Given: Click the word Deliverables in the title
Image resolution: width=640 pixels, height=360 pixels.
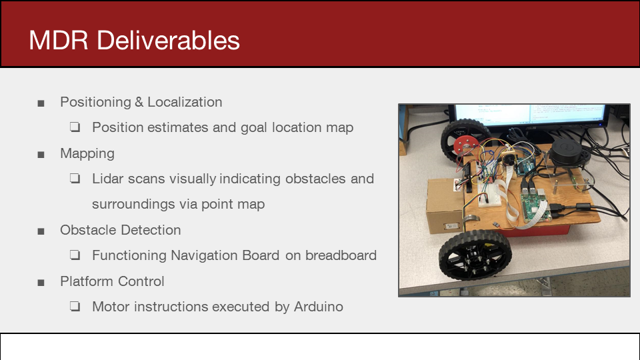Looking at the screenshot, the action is (x=168, y=41).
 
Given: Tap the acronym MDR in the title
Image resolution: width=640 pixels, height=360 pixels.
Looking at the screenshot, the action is (x=59, y=41).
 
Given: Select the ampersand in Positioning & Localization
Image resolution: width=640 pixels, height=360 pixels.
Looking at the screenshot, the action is (x=139, y=102).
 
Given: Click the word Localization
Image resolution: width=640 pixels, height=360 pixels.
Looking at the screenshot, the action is (x=185, y=102).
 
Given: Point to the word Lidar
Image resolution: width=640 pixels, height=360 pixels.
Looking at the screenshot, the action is (x=108, y=179).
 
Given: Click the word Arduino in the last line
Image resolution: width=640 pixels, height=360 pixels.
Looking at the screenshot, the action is (x=319, y=307).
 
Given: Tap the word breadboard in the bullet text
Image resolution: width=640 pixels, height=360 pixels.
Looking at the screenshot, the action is (x=341, y=255).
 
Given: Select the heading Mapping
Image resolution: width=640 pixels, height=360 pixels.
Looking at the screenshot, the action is (x=87, y=154).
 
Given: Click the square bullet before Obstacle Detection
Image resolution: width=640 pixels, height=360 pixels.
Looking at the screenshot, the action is (x=41, y=232).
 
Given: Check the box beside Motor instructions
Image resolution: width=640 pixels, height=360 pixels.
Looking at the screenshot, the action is (x=75, y=306).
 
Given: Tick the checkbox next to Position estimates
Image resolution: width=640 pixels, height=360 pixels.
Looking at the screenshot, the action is (x=75, y=127).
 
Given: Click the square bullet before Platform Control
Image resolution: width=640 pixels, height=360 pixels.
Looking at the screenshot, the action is (x=41, y=283).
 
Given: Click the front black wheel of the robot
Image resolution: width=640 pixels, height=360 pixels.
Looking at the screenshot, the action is (x=475, y=255).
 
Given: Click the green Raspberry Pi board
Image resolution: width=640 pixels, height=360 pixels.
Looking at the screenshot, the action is (x=536, y=203).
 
